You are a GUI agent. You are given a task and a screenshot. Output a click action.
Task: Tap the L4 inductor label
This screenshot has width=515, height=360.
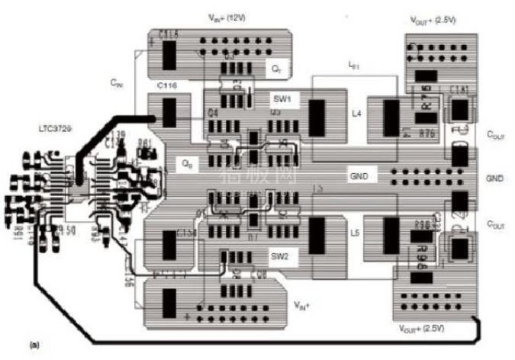pos(355,114)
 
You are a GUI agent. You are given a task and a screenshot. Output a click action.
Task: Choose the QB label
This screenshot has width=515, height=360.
pos(185,162)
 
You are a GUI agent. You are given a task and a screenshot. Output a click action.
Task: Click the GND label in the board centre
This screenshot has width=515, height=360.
pos(358,175)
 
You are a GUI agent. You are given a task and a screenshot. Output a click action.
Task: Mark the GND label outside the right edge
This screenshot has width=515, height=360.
pos(496,178)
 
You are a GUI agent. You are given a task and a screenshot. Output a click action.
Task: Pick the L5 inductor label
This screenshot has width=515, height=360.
pos(355,232)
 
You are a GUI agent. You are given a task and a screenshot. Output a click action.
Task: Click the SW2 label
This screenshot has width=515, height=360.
pos(279,257)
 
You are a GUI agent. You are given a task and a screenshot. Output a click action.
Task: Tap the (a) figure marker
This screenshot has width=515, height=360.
pos(34,345)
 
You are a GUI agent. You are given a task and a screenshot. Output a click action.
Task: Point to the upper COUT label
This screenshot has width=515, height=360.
pos(496,133)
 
